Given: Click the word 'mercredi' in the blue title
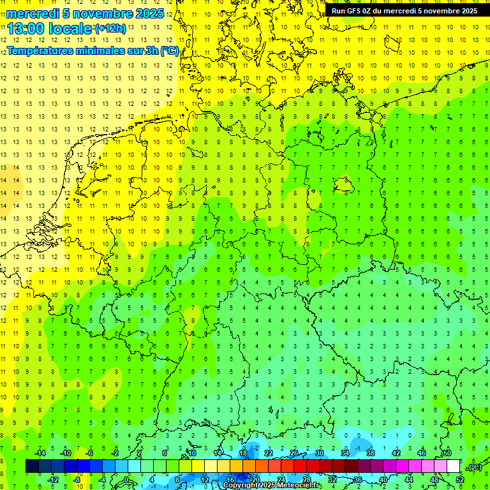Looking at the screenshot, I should tap(33, 13).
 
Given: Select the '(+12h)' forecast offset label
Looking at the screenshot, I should tap(110, 29).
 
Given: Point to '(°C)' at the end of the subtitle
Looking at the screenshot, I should tap(169, 50).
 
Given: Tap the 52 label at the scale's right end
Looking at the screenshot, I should tap(460, 479).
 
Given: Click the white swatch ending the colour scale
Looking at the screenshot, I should tap(453, 466).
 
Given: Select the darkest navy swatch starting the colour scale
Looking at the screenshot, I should tap(32, 466).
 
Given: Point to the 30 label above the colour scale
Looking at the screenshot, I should tap(320, 453).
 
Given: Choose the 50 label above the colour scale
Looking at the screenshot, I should tap(447, 453).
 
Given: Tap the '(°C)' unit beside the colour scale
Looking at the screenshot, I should tap(474, 467).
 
